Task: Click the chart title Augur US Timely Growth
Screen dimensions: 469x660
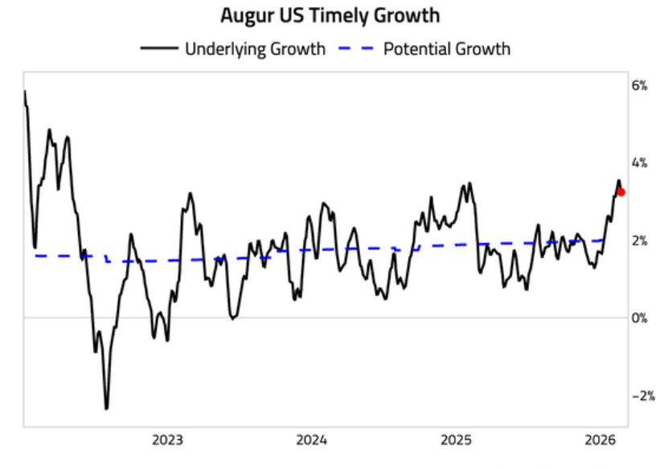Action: pos(330,14)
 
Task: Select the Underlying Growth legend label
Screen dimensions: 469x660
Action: pos(255,48)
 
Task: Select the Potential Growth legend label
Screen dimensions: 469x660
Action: pos(446,48)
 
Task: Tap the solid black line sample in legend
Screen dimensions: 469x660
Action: pos(159,48)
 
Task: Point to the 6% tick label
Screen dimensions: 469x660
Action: pos(638,85)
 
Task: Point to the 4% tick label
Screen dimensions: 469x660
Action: pos(638,163)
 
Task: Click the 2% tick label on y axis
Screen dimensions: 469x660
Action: pos(638,241)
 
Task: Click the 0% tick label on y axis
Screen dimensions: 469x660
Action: pos(638,319)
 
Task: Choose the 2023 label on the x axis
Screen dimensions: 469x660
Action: pos(167,440)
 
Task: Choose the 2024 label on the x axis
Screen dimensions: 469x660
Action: pos(311,440)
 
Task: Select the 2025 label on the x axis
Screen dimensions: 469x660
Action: pos(456,440)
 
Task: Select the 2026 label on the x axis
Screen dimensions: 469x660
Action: pos(600,440)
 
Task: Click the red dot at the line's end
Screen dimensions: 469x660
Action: pos(621,191)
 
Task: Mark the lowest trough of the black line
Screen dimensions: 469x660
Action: pos(106,409)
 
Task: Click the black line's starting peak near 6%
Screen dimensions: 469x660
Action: pos(25,92)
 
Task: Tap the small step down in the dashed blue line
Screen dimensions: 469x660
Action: pos(107,258)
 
